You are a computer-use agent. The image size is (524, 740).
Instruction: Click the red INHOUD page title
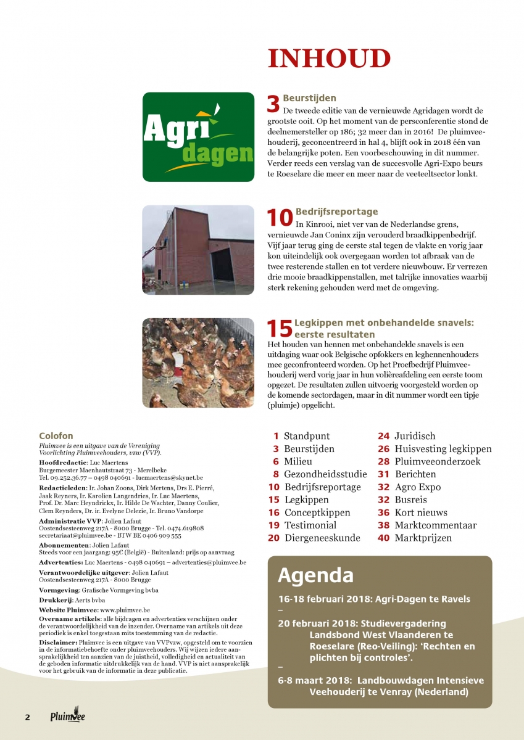pos(329,59)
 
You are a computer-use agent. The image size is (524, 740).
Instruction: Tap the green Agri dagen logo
pos(198,137)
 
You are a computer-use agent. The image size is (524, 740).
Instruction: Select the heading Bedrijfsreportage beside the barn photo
pos(337,212)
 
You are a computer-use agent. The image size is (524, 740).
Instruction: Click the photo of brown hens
pos(198,362)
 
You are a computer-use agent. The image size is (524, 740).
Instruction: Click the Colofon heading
pos(56,435)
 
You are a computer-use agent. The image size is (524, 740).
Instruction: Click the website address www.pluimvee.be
pos(117,609)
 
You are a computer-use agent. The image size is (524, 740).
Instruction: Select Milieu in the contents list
pos(298,461)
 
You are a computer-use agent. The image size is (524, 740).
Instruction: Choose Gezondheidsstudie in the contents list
pos(325,474)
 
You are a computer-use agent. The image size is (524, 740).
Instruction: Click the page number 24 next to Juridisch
pos(383,436)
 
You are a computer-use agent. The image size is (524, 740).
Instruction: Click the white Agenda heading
pos(315,575)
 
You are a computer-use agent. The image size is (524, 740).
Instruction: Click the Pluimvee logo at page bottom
pos(68,717)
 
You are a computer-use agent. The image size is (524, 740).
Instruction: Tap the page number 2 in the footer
pos(27,717)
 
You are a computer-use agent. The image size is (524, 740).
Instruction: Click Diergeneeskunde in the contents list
pos(322,538)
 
